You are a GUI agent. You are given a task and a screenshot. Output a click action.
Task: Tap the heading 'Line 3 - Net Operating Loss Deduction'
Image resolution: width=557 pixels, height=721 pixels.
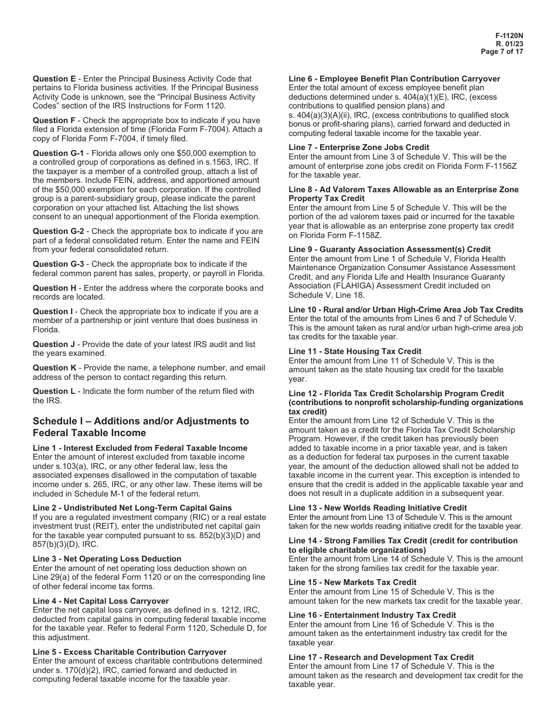pyautogui.click(x=107, y=559)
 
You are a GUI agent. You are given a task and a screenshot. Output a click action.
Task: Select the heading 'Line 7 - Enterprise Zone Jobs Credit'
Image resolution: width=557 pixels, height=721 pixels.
pyautogui.click(x=359, y=147)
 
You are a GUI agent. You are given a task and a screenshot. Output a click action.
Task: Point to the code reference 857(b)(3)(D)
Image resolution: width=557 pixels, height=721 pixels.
pyautogui.click(x=57, y=545)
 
